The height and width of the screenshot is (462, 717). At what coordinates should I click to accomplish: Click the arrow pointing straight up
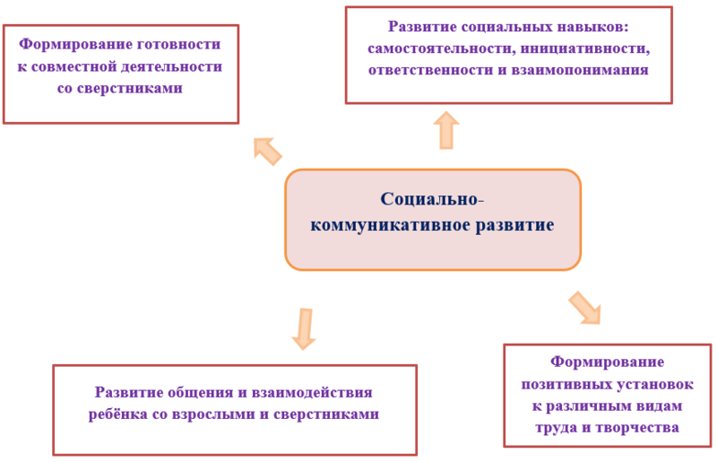[445, 130]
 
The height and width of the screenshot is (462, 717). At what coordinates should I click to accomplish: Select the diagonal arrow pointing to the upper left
[267, 151]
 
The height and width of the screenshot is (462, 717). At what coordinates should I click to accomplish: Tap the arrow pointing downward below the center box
[304, 329]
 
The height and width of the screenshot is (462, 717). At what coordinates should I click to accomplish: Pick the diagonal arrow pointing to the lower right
[585, 308]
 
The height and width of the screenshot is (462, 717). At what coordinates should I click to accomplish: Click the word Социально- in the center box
[432, 199]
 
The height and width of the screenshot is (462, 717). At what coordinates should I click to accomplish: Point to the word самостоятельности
[442, 48]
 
